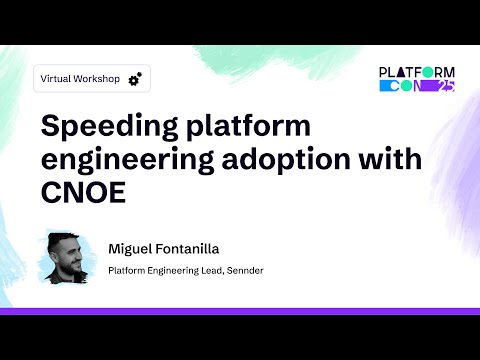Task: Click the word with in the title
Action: point(391,160)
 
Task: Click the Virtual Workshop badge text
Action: point(77,78)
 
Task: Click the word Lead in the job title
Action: point(210,270)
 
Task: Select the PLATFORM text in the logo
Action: point(417,72)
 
